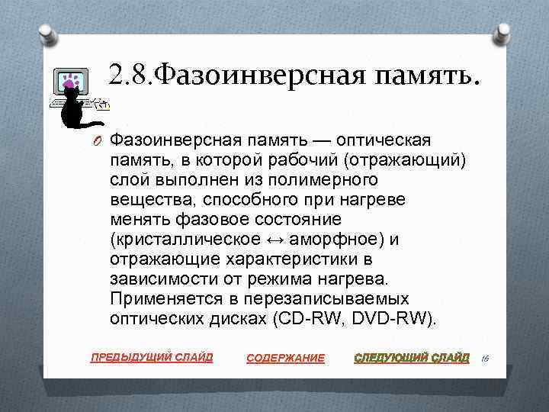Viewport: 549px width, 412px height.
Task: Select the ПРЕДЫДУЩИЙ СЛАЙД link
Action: pos(152,357)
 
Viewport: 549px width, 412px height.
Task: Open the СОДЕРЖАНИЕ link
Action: pos(286,358)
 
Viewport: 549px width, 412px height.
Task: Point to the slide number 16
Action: pos(486,356)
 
